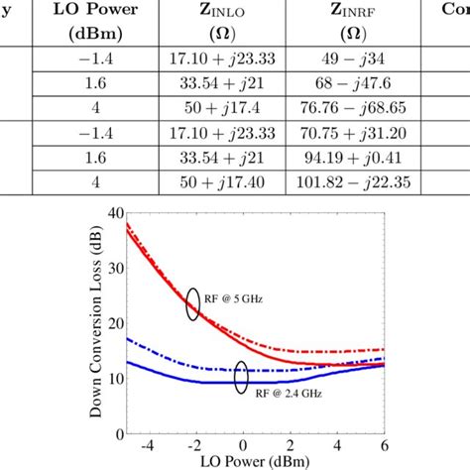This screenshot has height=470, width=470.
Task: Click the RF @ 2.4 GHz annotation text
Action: click(x=281, y=393)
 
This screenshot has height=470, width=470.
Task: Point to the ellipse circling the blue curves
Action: click(x=241, y=377)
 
